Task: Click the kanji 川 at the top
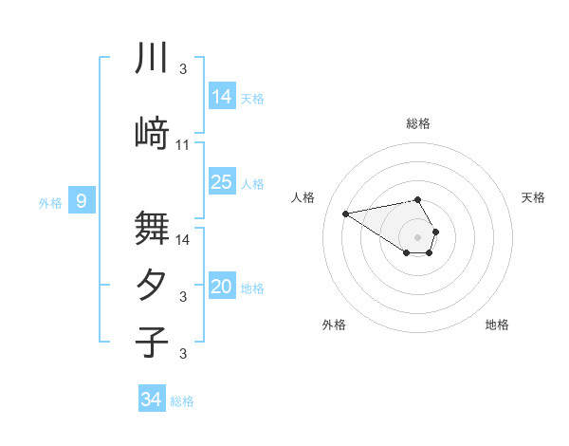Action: pyautogui.click(x=152, y=58)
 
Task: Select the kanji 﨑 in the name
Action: pyautogui.click(x=152, y=134)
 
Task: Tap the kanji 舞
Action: pyautogui.click(x=152, y=228)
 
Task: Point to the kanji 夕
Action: pyautogui.click(x=152, y=285)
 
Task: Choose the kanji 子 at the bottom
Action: pyautogui.click(x=152, y=342)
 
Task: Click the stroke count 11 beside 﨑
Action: pyautogui.click(x=183, y=145)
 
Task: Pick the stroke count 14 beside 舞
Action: pyautogui.click(x=183, y=239)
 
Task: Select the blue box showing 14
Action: pyautogui.click(x=222, y=96)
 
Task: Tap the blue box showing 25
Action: pyautogui.click(x=222, y=182)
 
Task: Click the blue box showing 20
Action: pyautogui.click(x=222, y=287)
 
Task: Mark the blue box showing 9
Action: pyautogui.click(x=83, y=201)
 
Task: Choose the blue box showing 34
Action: pyautogui.click(x=151, y=400)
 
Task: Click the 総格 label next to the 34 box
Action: pyautogui.click(x=182, y=401)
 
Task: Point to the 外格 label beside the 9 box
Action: pyautogui.click(x=49, y=202)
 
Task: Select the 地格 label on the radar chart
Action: pyautogui.click(x=497, y=325)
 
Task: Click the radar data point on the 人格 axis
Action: pyautogui.click(x=346, y=213)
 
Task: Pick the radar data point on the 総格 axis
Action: pyautogui.click(x=418, y=199)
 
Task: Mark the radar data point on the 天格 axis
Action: pyautogui.click(x=435, y=231)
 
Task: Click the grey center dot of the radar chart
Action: pyautogui.click(x=418, y=236)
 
